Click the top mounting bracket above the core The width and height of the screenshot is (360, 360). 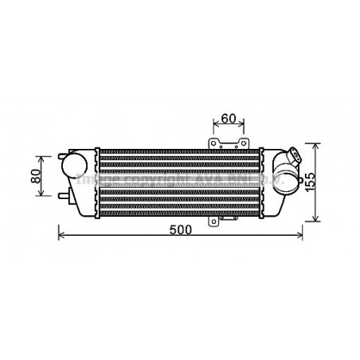point(229,143)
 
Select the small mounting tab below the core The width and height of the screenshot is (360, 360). point(213,220)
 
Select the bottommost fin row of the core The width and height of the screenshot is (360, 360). point(179,213)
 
